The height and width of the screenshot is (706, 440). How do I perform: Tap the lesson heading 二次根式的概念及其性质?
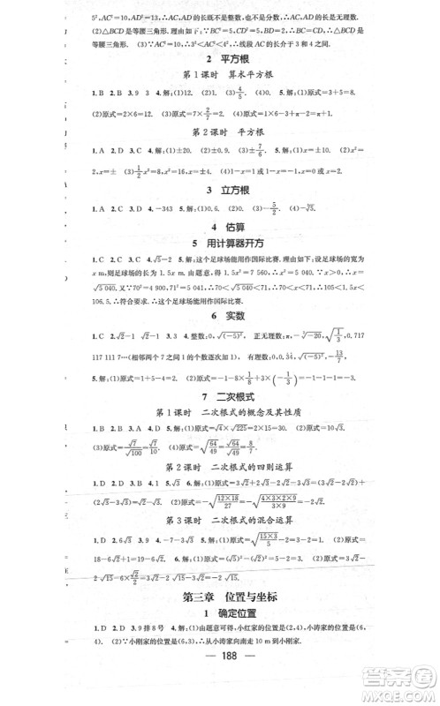click(254, 413)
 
